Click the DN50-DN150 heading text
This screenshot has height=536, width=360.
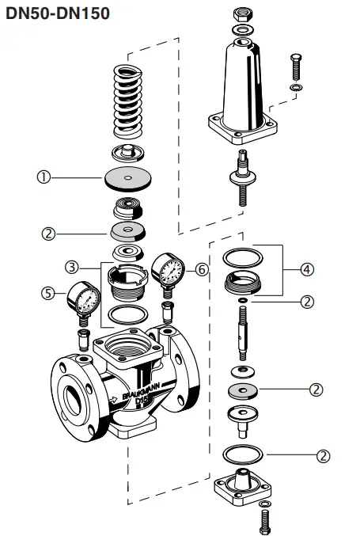pyautogui.click(x=57, y=13)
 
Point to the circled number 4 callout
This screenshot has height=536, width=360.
pyautogui.click(x=307, y=269)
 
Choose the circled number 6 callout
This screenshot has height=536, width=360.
pyautogui.click(x=202, y=269)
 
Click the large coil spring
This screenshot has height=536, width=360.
pyautogui.click(x=129, y=98)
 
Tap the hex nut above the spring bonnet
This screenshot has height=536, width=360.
pyautogui.click(x=243, y=15)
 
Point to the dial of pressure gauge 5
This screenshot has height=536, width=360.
pyautogui.click(x=83, y=298)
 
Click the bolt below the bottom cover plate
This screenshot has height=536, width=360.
pyautogui.click(x=263, y=520)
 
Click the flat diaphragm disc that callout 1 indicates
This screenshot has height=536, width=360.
pyautogui.click(x=127, y=178)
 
